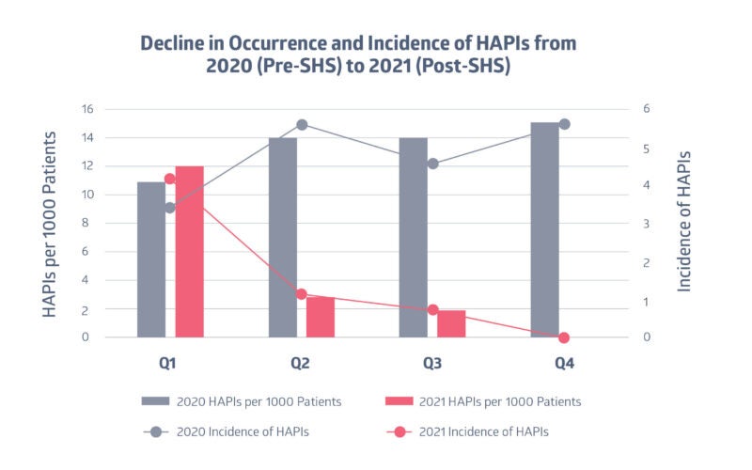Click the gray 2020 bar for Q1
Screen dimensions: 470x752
151,259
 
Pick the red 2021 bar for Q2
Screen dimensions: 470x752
321,317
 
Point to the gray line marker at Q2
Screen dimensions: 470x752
302,125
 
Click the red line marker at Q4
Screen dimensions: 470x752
564,337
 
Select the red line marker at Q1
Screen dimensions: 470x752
170,179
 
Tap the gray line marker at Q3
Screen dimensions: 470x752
432,164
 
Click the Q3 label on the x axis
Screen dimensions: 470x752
432,363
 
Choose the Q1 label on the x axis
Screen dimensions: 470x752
170,363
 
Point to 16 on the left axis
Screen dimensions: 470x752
111,109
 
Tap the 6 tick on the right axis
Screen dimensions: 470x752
646,109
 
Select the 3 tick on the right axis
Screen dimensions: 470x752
646,224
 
